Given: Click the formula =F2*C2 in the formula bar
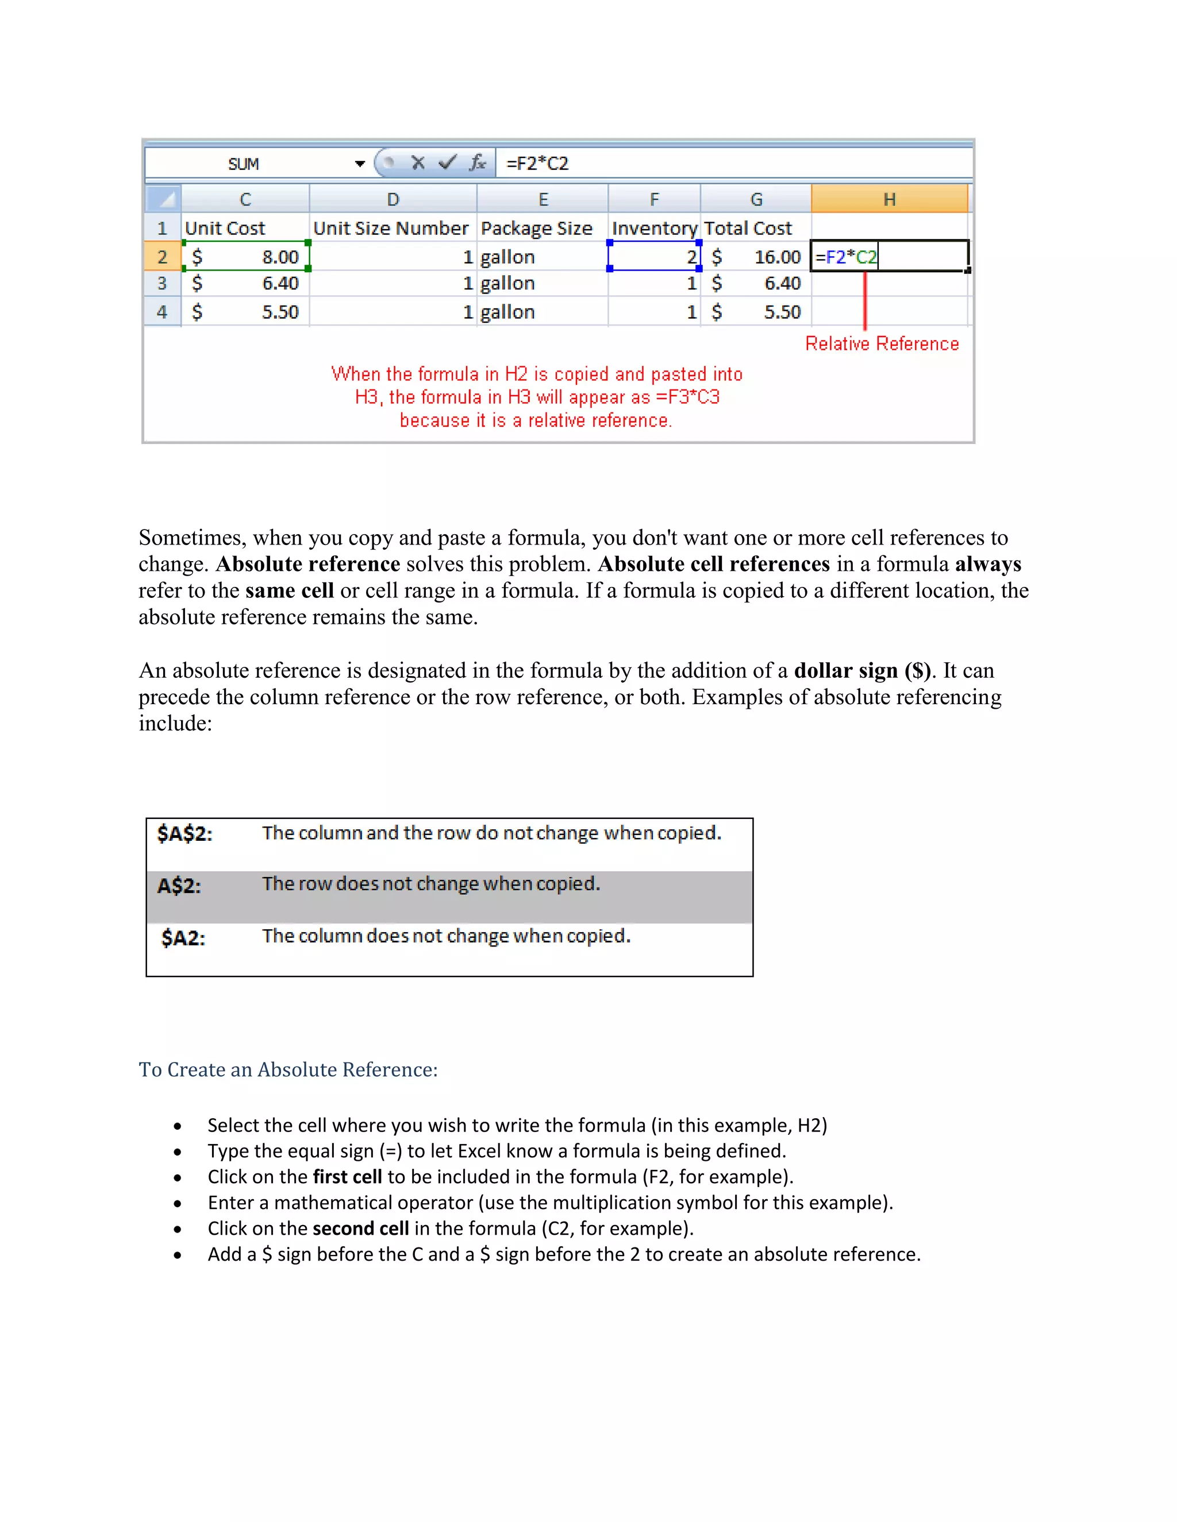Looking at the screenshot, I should pos(537,164).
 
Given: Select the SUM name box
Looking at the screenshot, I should pos(243,164).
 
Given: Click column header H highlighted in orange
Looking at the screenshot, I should pos(889,199).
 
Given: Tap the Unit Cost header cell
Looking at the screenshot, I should pos(225,229).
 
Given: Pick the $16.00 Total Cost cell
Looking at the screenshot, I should pos(756,257).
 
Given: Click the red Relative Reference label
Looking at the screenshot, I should pos(882,343).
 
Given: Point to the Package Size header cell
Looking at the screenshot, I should pos(536,229).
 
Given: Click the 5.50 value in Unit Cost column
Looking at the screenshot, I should pos(280,312).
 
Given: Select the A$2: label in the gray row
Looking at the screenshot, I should pos(179,886).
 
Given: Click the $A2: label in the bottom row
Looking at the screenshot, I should pos(183,938).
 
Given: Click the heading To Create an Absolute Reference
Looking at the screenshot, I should pos(288,1070).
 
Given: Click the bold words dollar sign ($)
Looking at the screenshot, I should pos(863,670).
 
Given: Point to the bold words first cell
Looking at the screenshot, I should pos(347,1177).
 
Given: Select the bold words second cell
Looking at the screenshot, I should pos(360,1229).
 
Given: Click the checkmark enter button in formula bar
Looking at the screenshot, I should pos(447,163).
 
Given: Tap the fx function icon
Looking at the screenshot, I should pos(478,163).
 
